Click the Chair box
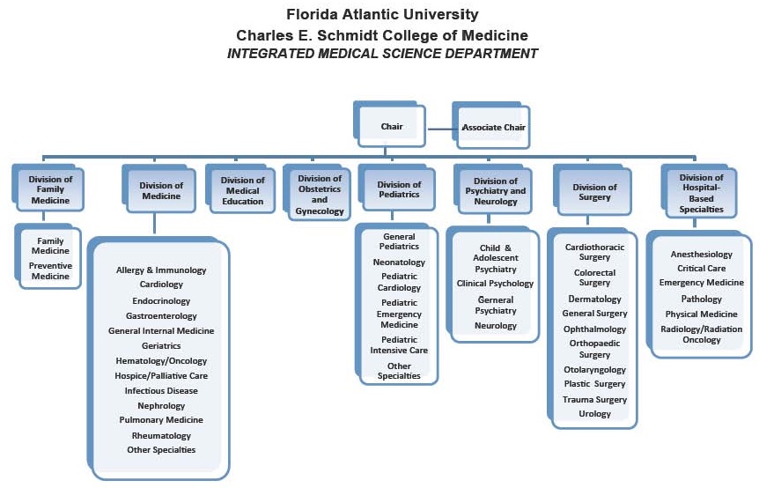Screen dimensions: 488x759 tap(392, 127)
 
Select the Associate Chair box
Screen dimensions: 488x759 tap(493, 127)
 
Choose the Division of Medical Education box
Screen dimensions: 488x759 tap(243, 190)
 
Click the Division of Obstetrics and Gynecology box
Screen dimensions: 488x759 tap(320, 194)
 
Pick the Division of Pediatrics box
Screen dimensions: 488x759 tap(399, 190)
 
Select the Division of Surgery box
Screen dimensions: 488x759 tap(594, 192)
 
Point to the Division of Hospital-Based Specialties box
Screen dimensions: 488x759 tap(702, 193)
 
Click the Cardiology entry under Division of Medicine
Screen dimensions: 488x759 tap(161, 285)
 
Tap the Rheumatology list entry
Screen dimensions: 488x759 tap(161, 435)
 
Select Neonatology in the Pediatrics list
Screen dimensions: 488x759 tap(399, 262)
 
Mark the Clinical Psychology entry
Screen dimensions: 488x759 tap(495, 284)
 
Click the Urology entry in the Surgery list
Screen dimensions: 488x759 tap(595, 414)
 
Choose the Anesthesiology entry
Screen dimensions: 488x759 tap(702, 254)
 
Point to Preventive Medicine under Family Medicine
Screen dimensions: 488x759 tap(50, 271)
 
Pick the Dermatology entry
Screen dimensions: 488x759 tap(595, 299)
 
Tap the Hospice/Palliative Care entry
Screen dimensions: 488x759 tap(161, 375)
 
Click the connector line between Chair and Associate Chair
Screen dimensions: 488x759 tap(440, 128)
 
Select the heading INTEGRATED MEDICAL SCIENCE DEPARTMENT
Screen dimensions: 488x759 tap(382, 54)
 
